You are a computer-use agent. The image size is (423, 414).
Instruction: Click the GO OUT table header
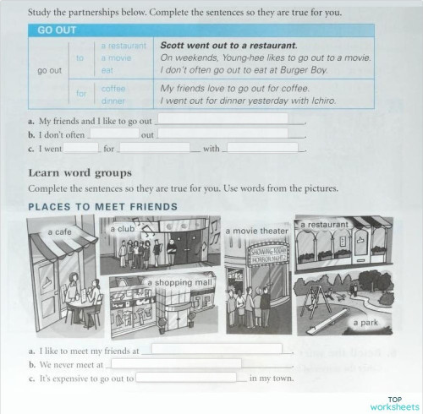(x=52, y=30)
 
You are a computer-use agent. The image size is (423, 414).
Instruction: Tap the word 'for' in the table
(x=81, y=93)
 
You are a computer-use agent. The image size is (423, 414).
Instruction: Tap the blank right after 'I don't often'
(x=113, y=133)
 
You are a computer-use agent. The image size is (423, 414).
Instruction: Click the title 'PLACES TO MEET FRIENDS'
(x=103, y=206)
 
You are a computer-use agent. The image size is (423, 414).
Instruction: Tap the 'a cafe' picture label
(x=59, y=232)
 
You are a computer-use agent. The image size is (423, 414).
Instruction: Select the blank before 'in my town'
(x=186, y=378)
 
